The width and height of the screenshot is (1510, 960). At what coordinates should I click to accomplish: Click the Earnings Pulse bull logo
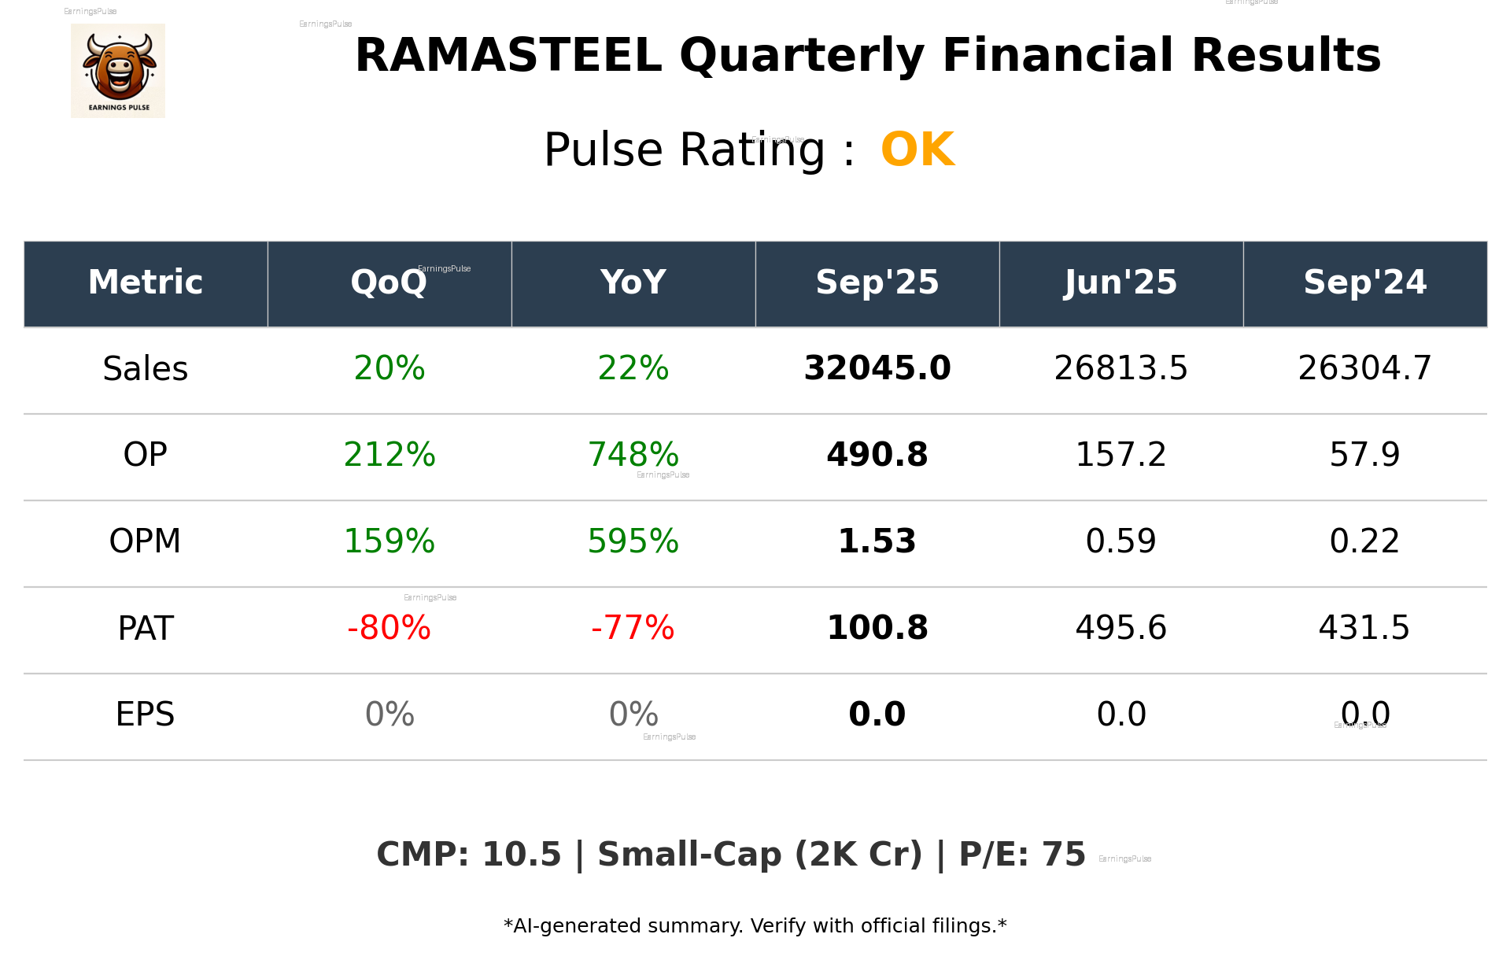tap(118, 71)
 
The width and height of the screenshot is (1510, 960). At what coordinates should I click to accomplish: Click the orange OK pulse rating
tap(917, 150)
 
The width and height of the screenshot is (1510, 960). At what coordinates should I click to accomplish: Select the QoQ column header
tap(389, 282)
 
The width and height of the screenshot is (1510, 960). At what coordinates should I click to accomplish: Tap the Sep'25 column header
tap(877, 282)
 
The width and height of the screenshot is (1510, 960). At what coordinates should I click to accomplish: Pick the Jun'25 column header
tap(1121, 282)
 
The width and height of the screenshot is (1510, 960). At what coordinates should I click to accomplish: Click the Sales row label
tap(146, 369)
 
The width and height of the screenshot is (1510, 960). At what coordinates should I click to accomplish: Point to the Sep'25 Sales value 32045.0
tap(877, 369)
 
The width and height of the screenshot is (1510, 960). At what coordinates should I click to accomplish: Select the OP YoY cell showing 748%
tap(633, 455)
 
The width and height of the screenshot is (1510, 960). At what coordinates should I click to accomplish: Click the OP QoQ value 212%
tap(389, 455)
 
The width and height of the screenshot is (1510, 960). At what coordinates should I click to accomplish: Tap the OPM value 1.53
tap(877, 541)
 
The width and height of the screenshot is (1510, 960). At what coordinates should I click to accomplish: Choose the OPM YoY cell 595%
tap(633, 541)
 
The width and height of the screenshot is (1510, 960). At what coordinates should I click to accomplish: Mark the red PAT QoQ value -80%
tap(389, 628)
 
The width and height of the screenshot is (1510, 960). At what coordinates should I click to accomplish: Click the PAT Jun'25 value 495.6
tap(1121, 628)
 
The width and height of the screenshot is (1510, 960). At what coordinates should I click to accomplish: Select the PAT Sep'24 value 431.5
tap(1364, 628)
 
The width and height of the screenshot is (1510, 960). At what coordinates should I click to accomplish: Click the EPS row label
tap(146, 714)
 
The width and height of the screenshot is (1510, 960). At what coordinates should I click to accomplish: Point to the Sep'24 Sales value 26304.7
tap(1364, 369)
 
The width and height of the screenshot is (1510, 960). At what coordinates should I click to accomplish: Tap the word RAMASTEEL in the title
tap(508, 56)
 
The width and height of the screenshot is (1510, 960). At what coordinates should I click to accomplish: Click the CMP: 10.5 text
tap(468, 855)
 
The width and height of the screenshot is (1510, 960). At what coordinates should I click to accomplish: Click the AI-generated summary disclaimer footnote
tap(755, 926)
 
